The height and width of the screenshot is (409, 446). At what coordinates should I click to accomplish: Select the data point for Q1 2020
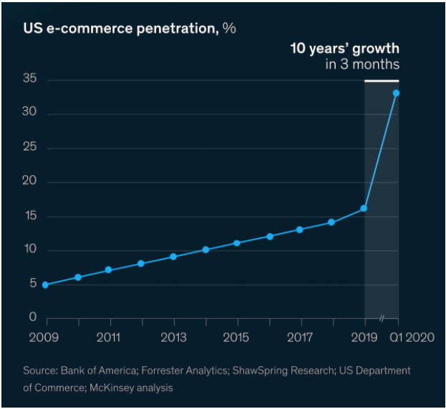coord(396,93)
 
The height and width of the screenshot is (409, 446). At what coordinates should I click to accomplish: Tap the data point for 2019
coord(364,208)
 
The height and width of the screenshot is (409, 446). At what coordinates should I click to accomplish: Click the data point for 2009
coord(46,285)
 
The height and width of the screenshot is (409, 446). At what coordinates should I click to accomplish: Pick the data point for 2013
coord(173,256)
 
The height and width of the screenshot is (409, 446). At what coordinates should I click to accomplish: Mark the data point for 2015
coord(237,243)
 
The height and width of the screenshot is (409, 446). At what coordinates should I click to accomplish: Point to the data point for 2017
coord(300,230)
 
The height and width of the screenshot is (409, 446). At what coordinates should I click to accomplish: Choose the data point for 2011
coord(109,270)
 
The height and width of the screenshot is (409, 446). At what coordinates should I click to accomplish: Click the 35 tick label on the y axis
coord(31,80)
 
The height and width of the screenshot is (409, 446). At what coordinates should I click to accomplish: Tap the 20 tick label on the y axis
coord(31,182)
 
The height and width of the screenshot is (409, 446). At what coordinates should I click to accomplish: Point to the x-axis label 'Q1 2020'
coord(410,337)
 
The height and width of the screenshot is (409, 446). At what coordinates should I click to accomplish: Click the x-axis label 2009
coord(44,337)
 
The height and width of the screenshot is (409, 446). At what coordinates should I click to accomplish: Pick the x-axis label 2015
coord(237,337)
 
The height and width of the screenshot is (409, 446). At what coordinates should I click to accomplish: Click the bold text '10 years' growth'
coord(344,49)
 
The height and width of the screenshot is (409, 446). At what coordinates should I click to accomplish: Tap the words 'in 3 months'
coord(362,64)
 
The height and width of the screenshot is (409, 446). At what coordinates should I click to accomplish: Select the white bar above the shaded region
coord(381,81)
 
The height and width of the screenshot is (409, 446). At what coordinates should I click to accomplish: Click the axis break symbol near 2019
coord(382,319)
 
